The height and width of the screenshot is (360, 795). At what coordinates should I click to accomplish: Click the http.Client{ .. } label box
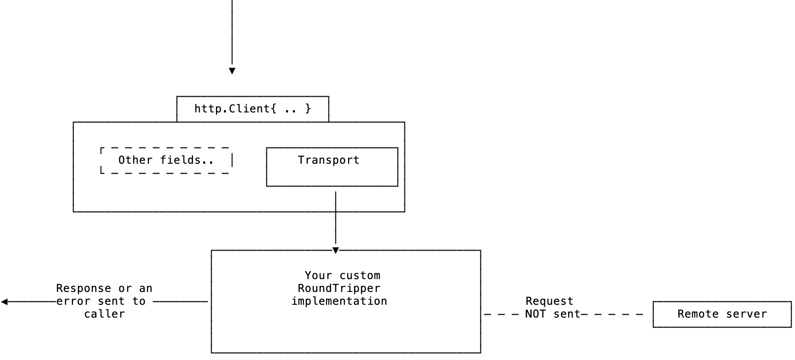pos(253,108)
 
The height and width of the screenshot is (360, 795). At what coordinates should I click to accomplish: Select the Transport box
pos(332,167)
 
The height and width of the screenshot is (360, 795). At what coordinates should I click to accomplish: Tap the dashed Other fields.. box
pos(166,160)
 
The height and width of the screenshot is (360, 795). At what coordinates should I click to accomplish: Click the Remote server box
pos(722,314)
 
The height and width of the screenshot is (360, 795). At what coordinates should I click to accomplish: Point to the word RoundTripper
pos(339,288)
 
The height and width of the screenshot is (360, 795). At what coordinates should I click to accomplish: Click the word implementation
pos(339,301)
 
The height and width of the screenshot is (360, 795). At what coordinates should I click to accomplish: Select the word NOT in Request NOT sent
pos(535,314)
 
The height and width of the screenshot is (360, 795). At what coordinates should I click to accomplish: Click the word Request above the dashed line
pos(549,301)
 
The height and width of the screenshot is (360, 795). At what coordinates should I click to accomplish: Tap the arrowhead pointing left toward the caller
pos(4,302)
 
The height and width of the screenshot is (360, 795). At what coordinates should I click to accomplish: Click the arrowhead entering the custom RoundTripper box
pos(336,250)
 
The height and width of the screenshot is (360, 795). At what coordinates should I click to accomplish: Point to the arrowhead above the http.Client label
pos(232,71)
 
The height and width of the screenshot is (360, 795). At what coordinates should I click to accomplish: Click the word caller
pos(104,314)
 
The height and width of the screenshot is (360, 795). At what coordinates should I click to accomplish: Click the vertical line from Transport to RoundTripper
pos(336,217)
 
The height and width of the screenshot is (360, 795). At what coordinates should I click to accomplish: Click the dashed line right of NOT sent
pos(614,314)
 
